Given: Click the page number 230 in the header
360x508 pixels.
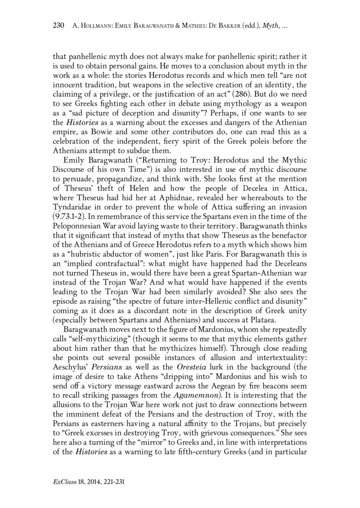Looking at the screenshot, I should click(x=59, y=26).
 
